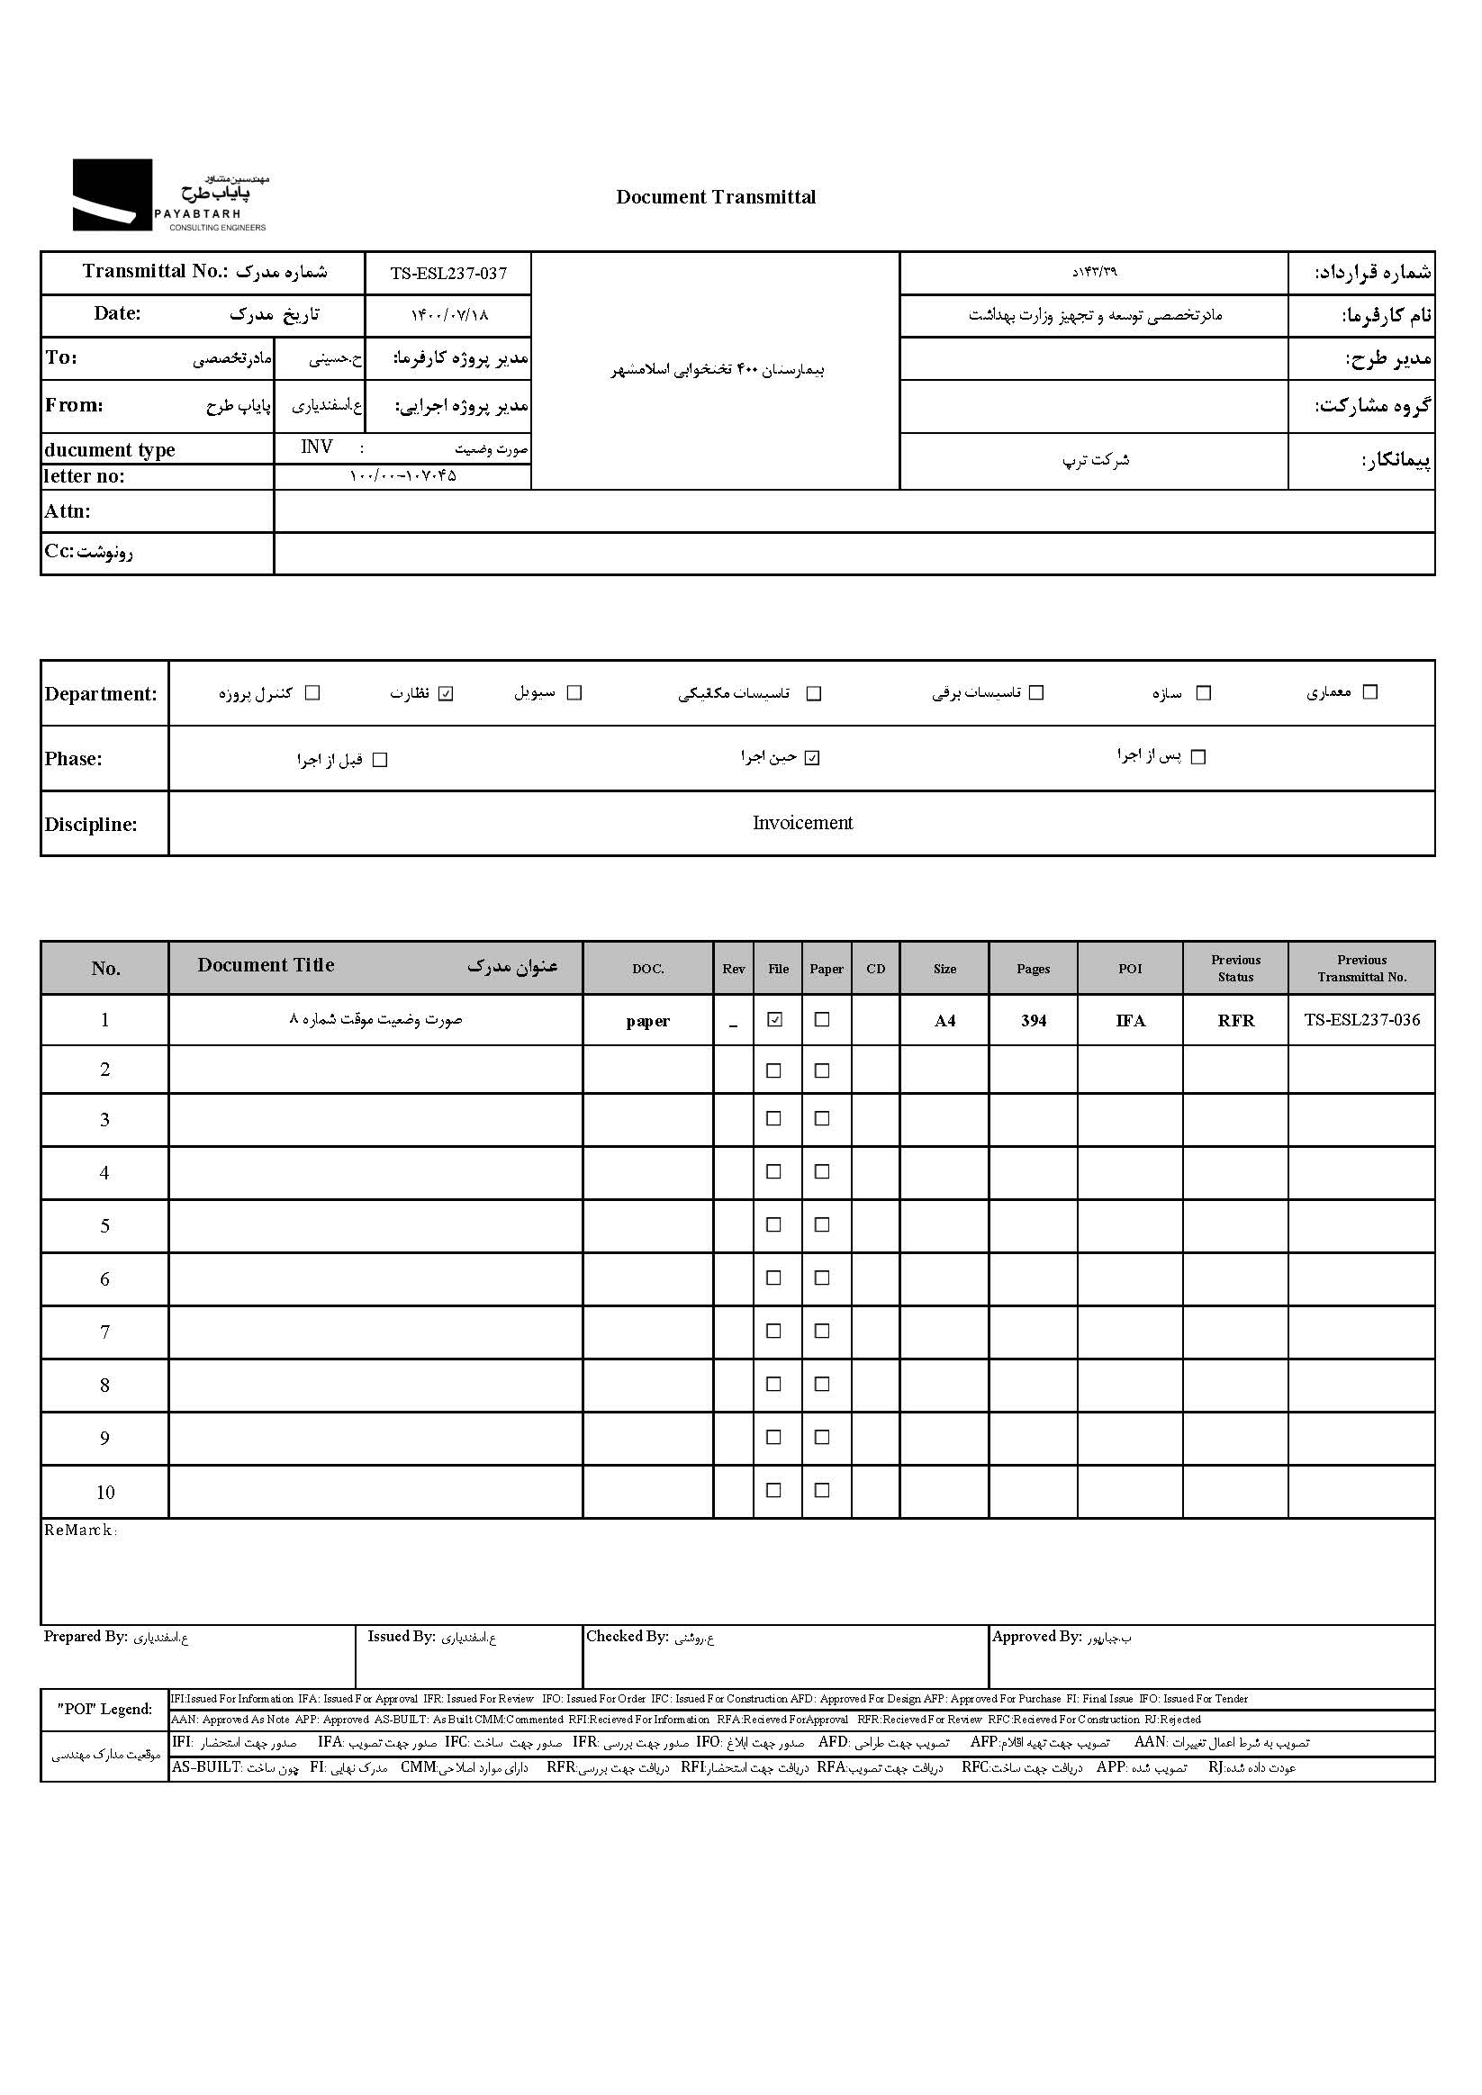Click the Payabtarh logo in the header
click(171, 195)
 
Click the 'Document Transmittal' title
click(716, 197)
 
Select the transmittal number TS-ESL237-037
click(448, 274)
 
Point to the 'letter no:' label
click(84, 476)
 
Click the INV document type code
click(317, 447)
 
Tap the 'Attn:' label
click(68, 511)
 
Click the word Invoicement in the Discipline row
click(802, 823)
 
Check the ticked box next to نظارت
click(446, 693)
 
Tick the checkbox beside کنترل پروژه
click(312, 693)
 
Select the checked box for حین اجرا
click(812, 758)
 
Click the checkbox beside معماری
click(1369, 692)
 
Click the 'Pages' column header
click(1033, 969)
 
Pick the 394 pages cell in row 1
click(1033, 1021)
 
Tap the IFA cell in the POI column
click(1130, 1021)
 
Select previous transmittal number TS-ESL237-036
click(1361, 1020)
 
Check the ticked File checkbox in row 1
click(775, 1020)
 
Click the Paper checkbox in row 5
click(822, 1225)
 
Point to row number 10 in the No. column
click(105, 1493)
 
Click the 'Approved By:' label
click(1036, 1637)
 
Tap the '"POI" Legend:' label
click(105, 1709)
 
